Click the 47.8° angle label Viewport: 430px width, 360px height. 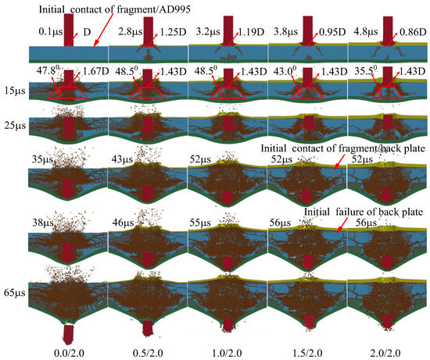tap(49, 70)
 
